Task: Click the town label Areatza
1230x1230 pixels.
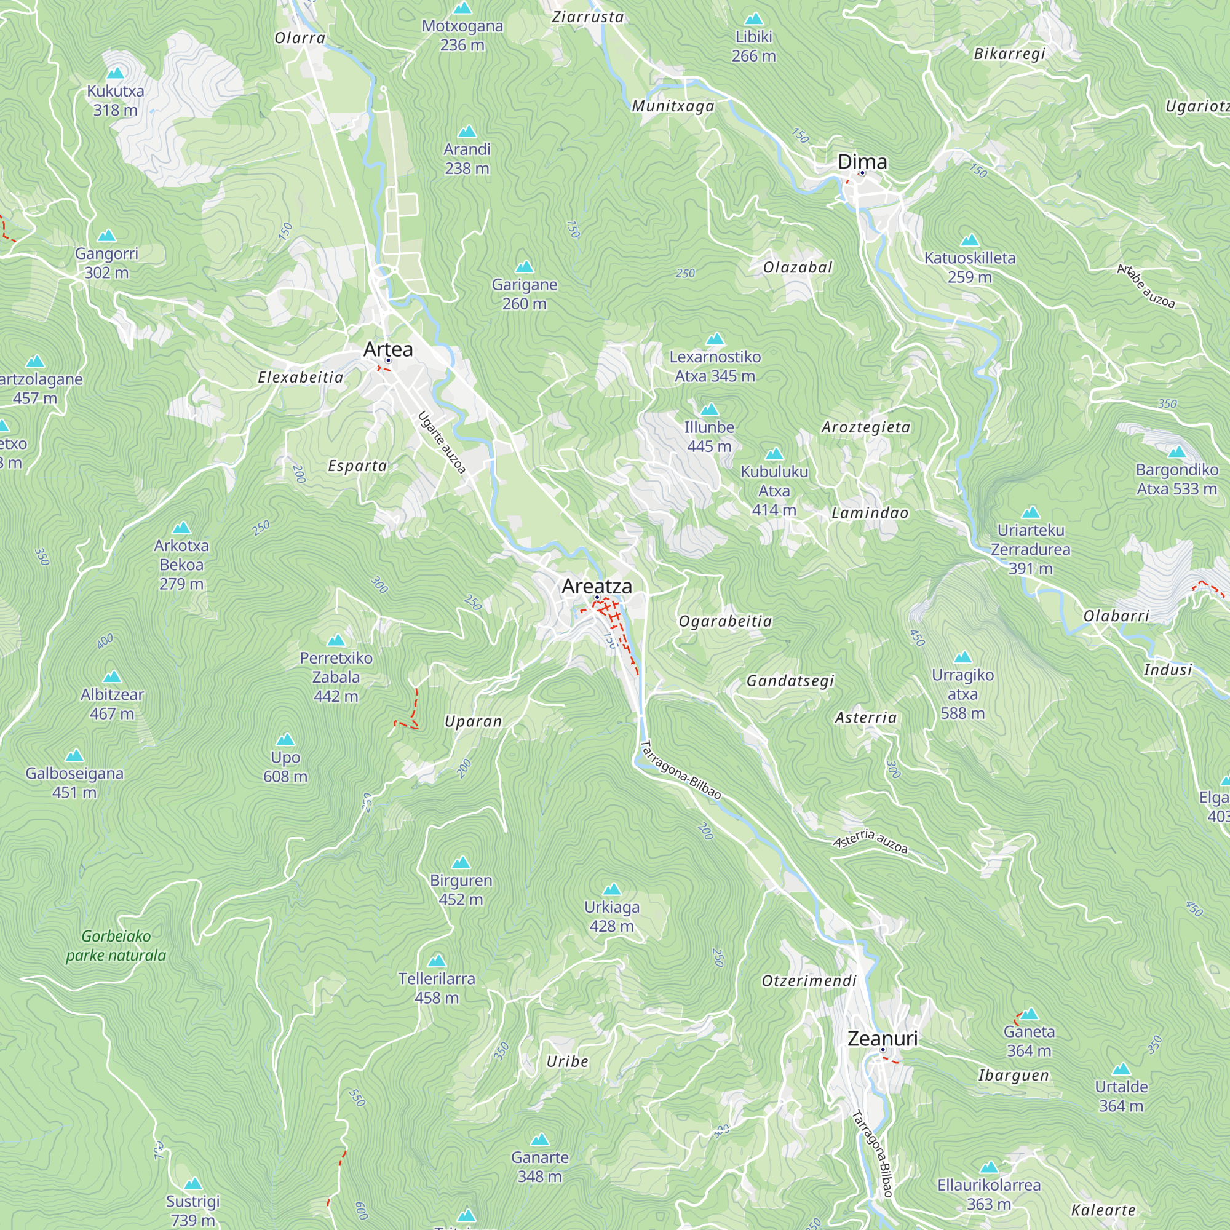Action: pyautogui.click(x=597, y=586)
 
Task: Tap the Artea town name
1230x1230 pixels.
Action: pyautogui.click(x=387, y=349)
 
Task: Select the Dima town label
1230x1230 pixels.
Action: pyautogui.click(x=862, y=162)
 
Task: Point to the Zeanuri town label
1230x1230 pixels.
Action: pyautogui.click(x=883, y=1038)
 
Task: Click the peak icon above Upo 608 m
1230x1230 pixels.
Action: pyautogui.click(x=285, y=740)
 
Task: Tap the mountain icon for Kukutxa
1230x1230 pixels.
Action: pyautogui.click(x=115, y=73)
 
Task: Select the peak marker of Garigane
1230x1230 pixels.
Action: pyautogui.click(x=524, y=266)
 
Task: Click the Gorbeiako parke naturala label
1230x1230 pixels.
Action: pyautogui.click(x=116, y=945)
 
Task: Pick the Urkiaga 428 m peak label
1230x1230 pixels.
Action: pyautogui.click(x=611, y=916)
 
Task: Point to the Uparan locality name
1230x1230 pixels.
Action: pyautogui.click(x=473, y=721)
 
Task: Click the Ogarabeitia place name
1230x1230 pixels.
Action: pyautogui.click(x=725, y=621)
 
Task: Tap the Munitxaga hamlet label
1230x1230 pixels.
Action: pyautogui.click(x=673, y=106)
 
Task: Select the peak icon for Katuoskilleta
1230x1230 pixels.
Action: pyautogui.click(x=970, y=240)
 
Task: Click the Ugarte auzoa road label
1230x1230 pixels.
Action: pyautogui.click(x=442, y=442)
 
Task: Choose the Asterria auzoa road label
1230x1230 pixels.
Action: pyautogui.click(x=870, y=840)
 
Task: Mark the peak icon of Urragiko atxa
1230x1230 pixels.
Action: pyautogui.click(x=962, y=657)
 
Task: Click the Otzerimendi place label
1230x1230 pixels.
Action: pyautogui.click(x=809, y=980)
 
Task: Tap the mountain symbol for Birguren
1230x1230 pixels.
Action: pyautogui.click(x=461, y=863)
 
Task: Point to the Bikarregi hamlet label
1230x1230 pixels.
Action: pyautogui.click(x=1010, y=54)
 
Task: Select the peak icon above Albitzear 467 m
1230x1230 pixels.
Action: pyautogui.click(x=112, y=676)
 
